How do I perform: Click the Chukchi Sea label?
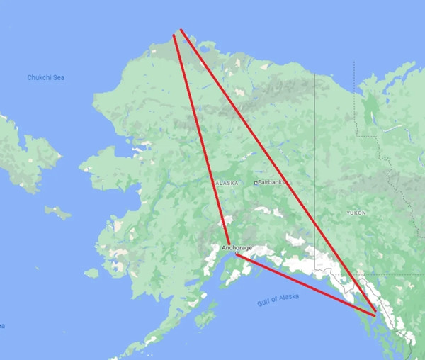click(x=45, y=77)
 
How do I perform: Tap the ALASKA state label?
click(x=227, y=183)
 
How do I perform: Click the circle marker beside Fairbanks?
click(x=256, y=183)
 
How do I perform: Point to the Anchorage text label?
click(x=237, y=248)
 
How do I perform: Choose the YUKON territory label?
click(x=356, y=213)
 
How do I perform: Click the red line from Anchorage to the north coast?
click(x=202, y=142)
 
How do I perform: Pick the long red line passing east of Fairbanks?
click(x=276, y=170)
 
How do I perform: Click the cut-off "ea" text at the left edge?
click(x=2, y=326)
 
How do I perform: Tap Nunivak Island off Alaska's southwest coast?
click(x=91, y=273)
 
